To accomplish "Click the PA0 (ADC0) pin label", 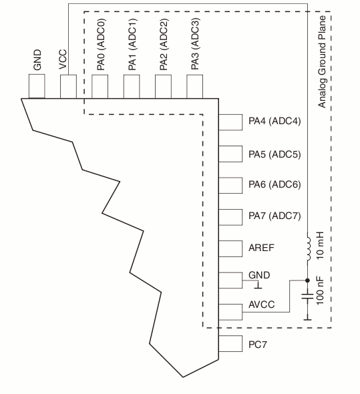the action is point(101,45).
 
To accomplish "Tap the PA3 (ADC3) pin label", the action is point(195,44).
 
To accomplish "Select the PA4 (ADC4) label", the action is point(275,121).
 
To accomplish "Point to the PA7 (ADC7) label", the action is point(275,216).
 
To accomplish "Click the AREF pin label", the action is point(261,248).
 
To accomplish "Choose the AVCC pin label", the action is point(261,305).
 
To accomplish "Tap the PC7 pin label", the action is point(257,345).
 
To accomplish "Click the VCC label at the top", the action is point(63,59).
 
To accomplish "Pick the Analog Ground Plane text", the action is point(322,62).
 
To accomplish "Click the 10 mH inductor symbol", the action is point(308,248).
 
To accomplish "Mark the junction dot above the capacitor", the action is point(307,280).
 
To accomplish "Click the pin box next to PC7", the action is point(230,343).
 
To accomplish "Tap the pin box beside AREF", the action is point(230,249).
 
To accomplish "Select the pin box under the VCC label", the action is point(68,86).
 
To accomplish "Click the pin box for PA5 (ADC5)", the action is point(230,154).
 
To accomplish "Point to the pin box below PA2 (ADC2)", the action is point(163,86).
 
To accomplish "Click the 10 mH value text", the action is point(321,246).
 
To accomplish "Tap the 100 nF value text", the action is point(320,291).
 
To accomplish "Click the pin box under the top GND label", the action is point(37,86).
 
